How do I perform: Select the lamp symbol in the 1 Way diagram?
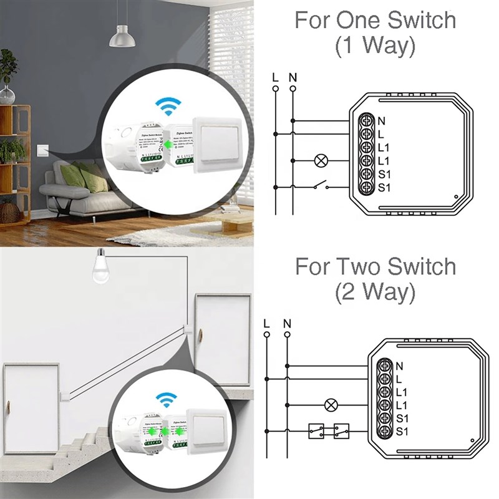tap(322, 160)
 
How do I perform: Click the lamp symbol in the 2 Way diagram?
tap(332, 405)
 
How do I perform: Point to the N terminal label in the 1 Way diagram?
tap(380, 120)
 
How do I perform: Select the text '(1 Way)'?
tap(375, 46)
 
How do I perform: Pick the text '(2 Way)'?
tap(375, 291)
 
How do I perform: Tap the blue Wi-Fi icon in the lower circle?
tap(166, 399)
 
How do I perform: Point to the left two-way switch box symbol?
tap(315, 431)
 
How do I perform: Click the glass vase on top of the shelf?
tap(7, 94)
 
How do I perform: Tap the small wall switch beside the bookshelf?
tap(42, 150)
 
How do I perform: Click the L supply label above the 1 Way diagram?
tap(275, 78)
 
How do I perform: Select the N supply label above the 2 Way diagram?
tap(287, 323)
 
